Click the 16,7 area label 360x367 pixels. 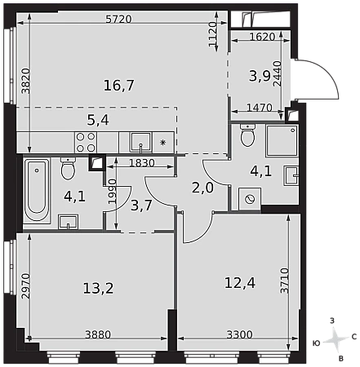[x=119, y=86]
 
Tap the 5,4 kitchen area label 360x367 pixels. [x=98, y=120]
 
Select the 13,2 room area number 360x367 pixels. [x=98, y=288]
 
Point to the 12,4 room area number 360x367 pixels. [x=240, y=283]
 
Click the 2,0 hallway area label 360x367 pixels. [x=202, y=188]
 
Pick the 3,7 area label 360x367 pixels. [x=141, y=206]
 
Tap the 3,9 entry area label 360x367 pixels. [x=260, y=76]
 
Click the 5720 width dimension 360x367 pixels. [x=118, y=19]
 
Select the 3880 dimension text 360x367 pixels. [x=98, y=334]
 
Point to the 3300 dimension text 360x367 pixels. [x=240, y=334]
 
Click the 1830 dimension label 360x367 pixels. [x=142, y=163]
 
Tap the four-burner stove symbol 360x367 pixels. [x=86, y=142]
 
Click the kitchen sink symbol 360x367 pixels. [x=140, y=143]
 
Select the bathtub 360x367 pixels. [x=37, y=191]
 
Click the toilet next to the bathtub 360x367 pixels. [x=68, y=169]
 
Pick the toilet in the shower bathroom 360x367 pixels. [x=247, y=135]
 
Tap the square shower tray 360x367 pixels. [x=282, y=140]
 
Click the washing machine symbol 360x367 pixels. [x=250, y=199]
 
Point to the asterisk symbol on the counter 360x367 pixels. [x=162, y=143]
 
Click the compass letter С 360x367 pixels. [x=354, y=337]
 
